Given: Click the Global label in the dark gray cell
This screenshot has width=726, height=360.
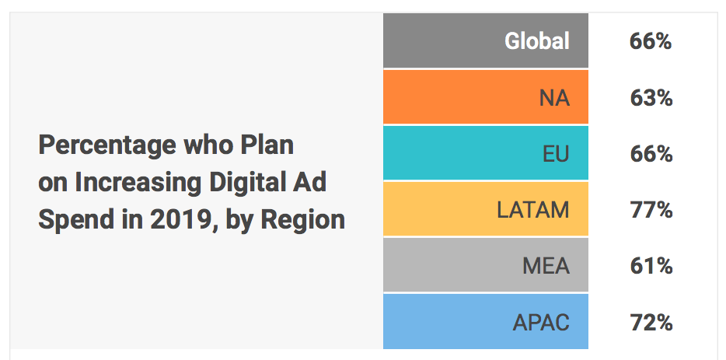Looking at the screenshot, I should [x=537, y=41].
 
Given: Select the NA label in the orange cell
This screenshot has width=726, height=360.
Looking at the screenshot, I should [x=554, y=99].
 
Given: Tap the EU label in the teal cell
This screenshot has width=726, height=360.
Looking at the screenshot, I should [x=556, y=154].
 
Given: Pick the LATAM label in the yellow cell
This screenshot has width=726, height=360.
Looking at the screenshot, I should [x=533, y=210].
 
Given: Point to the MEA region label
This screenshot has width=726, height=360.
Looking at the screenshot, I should [x=546, y=266].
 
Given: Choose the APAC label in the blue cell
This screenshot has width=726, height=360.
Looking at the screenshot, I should [x=541, y=322].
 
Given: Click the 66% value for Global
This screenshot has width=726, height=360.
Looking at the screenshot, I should [x=651, y=41].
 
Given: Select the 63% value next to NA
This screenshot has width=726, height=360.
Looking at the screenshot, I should [x=651, y=99].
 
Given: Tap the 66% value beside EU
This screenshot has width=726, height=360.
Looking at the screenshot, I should [x=651, y=154].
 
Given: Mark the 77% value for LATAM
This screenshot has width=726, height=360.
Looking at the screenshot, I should [x=651, y=210].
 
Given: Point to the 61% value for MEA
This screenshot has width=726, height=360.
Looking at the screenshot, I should [x=651, y=266].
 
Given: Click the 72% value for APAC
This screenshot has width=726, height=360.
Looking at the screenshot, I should [x=651, y=322].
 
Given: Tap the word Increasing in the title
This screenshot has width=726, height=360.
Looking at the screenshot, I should [x=138, y=183].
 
